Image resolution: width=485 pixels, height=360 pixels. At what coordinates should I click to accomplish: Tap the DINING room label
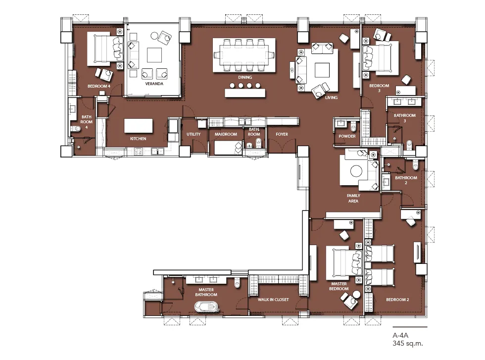(245, 77)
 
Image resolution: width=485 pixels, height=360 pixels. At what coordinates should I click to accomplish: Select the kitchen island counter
(138, 126)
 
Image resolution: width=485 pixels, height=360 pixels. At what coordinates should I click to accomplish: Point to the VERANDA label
(154, 84)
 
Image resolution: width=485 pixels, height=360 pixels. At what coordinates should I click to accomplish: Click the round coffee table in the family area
(356, 171)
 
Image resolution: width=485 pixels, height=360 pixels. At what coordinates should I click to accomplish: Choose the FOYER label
(282, 134)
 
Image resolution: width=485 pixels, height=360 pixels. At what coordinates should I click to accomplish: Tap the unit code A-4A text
(400, 335)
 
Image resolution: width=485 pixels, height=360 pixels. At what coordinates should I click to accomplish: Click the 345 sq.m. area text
(408, 343)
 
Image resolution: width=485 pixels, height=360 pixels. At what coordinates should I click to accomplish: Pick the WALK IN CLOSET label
(273, 300)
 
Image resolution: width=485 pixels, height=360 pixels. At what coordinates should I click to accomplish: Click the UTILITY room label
(194, 134)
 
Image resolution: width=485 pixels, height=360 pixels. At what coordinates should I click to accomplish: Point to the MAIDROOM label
(226, 134)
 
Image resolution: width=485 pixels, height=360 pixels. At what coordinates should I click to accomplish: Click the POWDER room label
(347, 136)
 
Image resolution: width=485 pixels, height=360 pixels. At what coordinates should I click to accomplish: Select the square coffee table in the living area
(322, 70)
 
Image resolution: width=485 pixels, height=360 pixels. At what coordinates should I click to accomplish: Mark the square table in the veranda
(154, 55)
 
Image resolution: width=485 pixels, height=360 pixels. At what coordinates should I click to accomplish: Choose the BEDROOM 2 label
(397, 300)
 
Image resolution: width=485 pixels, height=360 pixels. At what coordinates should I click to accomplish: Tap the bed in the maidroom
(228, 148)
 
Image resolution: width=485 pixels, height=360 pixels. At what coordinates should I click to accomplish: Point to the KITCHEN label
(138, 139)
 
